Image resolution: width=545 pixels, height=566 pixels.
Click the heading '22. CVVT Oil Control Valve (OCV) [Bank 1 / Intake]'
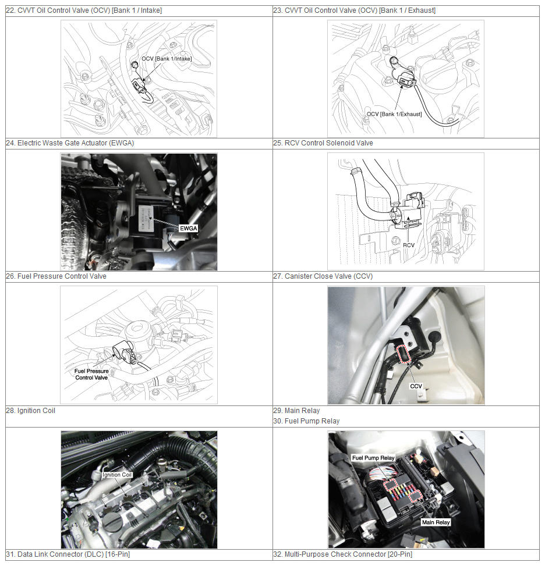pyautogui.click(x=84, y=10)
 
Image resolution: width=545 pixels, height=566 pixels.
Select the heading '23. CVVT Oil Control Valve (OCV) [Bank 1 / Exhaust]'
pyautogui.click(x=354, y=10)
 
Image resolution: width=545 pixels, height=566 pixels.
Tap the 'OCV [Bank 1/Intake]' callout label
pyautogui.click(x=167, y=59)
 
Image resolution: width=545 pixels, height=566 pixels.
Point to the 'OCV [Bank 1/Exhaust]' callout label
pyautogui.click(x=394, y=114)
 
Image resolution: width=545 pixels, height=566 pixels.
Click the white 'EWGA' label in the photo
pyautogui.click(x=189, y=228)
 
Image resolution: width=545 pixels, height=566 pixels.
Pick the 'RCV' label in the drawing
pyautogui.click(x=409, y=245)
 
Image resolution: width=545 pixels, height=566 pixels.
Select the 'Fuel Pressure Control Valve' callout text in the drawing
pyautogui.click(x=91, y=374)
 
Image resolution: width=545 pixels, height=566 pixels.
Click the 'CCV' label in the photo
pyautogui.click(x=416, y=386)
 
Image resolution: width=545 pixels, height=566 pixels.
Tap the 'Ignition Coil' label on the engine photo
pyautogui.click(x=117, y=475)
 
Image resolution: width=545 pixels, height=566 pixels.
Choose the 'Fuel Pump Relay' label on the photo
pyautogui.click(x=373, y=458)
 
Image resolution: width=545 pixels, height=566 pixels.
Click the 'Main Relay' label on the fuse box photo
pyautogui.click(x=436, y=522)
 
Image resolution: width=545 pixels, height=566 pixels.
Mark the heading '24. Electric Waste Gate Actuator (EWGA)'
pyautogui.click(x=70, y=143)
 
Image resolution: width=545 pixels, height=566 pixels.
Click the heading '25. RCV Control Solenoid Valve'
pyautogui.click(x=323, y=143)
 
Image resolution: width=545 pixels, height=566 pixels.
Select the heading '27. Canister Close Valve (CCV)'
pyautogui.click(x=323, y=276)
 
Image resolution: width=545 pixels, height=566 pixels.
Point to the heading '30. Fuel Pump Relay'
pyautogui.click(x=306, y=421)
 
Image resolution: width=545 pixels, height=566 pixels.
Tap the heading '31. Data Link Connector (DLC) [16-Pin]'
pyautogui.click(x=68, y=554)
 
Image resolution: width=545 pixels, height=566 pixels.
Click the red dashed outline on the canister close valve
pyautogui.click(x=404, y=354)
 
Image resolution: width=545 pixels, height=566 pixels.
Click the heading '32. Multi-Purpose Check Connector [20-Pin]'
pyautogui.click(x=342, y=554)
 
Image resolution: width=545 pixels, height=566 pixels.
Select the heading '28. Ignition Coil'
pyautogui.click(x=31, y=411)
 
